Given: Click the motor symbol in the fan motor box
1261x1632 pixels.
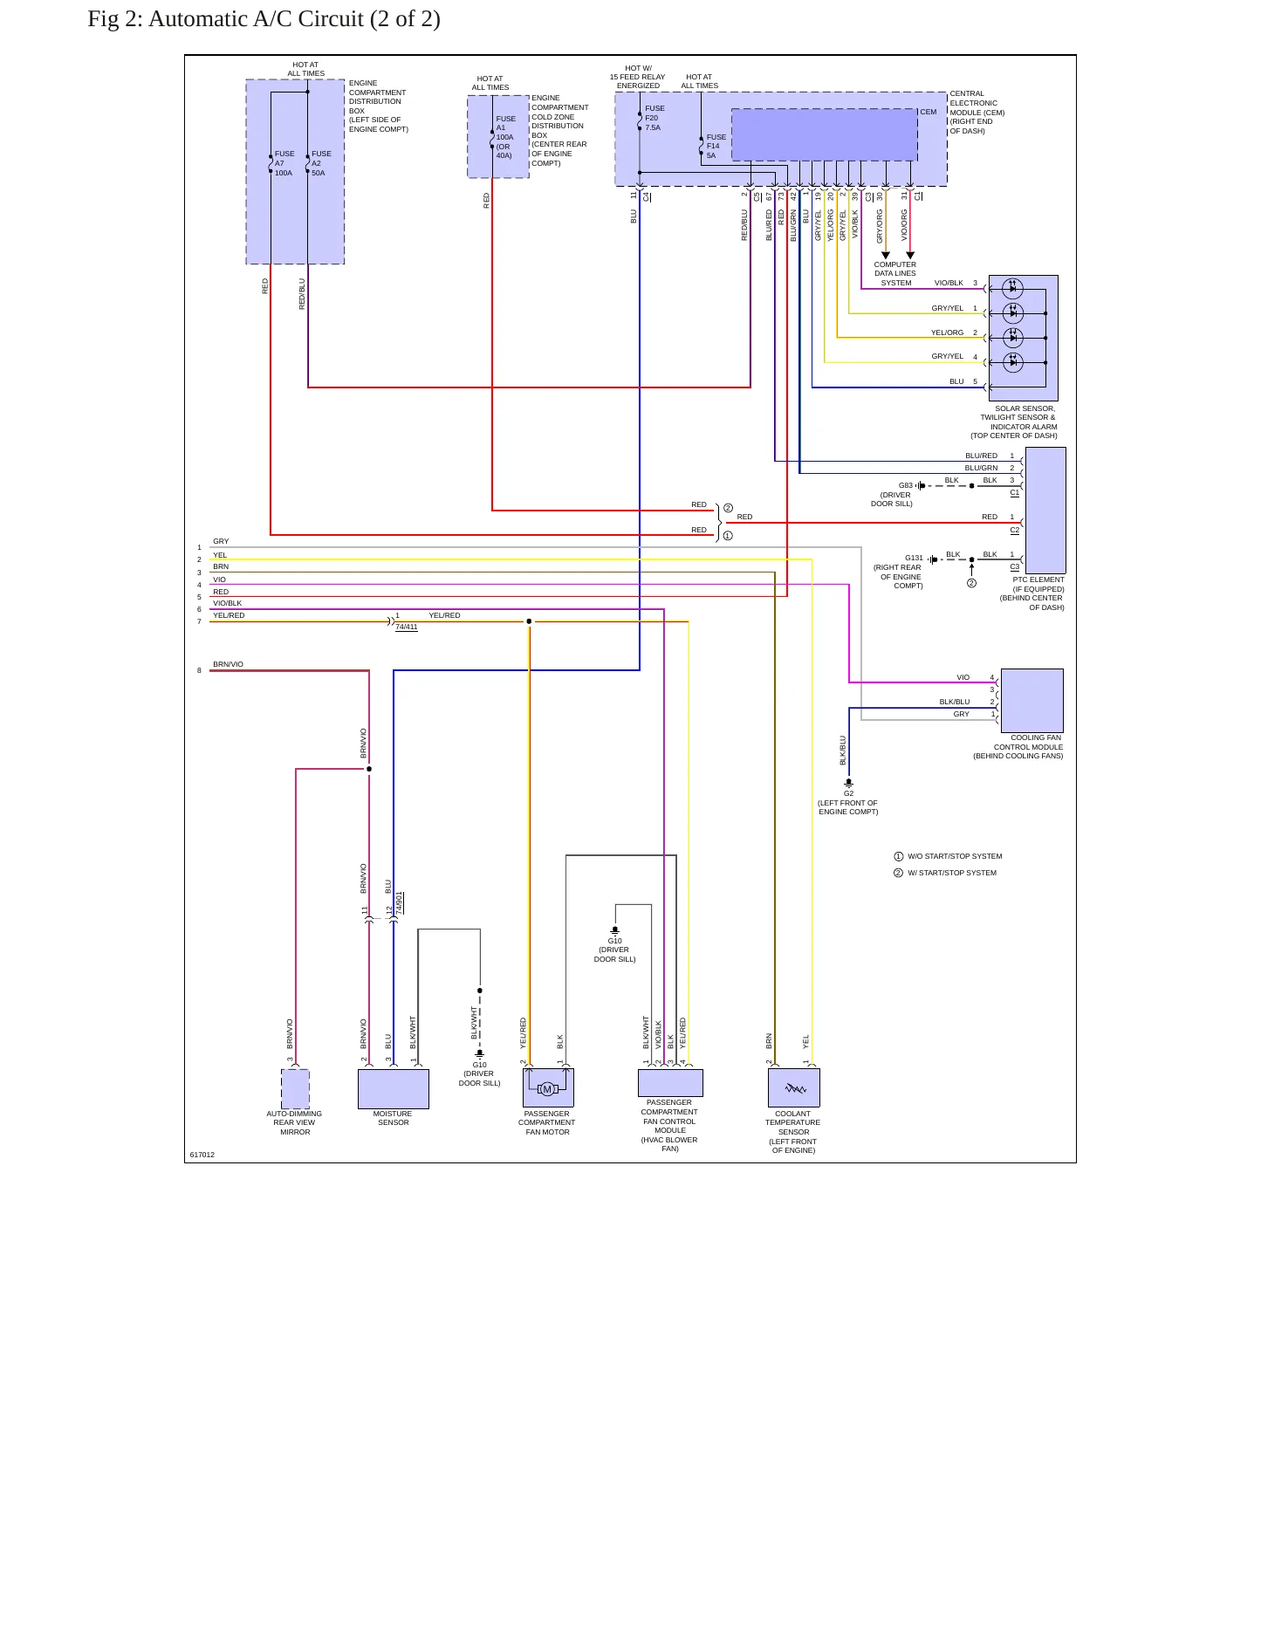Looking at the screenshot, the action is point(547,1088).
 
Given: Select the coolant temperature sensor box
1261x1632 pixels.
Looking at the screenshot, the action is point(793,1087).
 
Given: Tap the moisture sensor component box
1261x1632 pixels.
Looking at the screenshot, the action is point(393,1088).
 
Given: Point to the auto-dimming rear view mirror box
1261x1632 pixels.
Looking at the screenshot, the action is point(295,1088).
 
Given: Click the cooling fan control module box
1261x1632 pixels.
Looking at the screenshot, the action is point(1031,700).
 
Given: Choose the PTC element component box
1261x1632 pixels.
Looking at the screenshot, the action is point(1045,510).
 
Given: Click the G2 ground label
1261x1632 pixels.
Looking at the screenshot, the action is point(848,793).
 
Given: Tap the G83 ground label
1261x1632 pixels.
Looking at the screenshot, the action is point(906,485).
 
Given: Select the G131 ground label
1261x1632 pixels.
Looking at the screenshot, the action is point(914,558).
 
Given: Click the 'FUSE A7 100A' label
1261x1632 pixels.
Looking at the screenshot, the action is point(284,163).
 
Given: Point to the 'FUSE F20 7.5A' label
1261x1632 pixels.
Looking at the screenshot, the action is point(654,118).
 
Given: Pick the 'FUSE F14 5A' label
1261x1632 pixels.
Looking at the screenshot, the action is point(716,146).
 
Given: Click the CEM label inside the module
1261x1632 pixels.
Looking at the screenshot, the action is point(928,112).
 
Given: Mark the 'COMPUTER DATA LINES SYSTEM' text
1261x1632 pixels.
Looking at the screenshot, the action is point(895,273).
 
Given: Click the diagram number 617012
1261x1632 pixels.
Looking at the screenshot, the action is point(202,1155).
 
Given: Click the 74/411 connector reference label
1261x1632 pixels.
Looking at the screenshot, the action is point(407,627).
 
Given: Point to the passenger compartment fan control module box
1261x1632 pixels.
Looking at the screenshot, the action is point(670,1083).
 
